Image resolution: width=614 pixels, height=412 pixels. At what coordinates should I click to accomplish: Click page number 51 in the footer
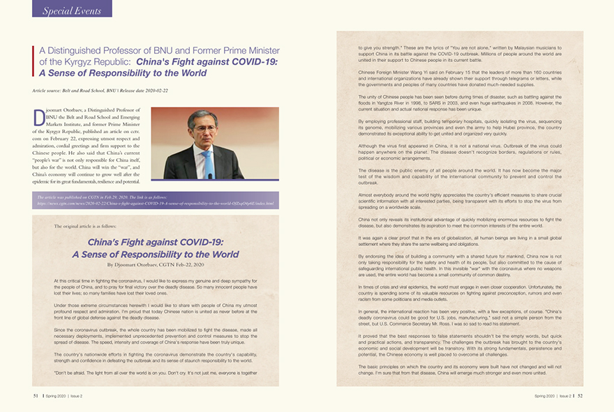[x=36, y=395]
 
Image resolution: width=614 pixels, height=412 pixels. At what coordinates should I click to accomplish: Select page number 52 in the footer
[x=580, y=395]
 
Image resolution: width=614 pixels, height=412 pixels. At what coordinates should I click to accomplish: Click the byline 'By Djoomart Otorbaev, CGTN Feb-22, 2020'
[x=156, y=265]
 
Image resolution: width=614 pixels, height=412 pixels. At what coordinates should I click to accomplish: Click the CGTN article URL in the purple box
[x=156, y=204]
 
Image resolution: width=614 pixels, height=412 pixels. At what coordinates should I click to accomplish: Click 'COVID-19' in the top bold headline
[x=256, y=62]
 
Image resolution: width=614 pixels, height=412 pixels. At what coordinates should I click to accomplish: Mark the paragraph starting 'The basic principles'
[x=460, y=370]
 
